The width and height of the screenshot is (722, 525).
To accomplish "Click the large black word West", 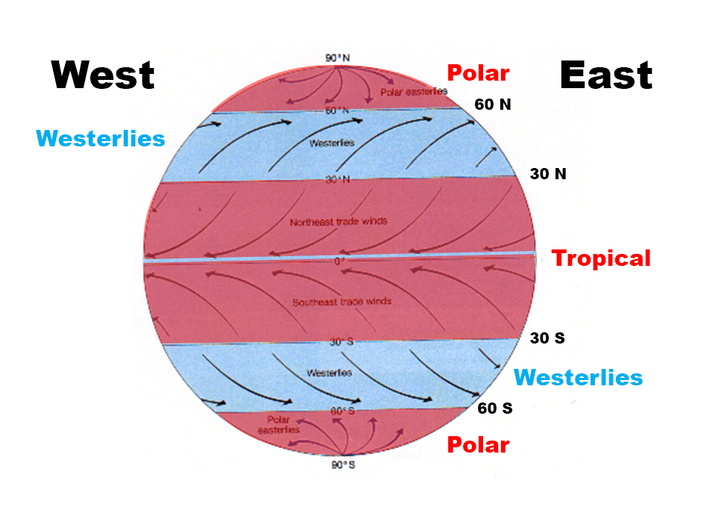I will (102, 75).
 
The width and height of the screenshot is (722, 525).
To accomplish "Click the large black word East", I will (606, 75).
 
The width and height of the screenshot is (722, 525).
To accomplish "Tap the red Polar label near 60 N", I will (478, 73).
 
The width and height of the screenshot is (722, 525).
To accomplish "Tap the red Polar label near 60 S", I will (478, 445).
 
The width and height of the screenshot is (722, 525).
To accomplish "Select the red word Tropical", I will (601, 258).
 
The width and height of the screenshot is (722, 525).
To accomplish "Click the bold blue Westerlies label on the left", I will (101, 138).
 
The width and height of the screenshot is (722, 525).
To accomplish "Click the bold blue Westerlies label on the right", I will (578, 377).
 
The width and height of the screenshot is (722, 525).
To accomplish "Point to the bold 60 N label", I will (493, 105).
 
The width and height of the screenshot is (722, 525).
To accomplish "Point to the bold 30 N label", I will (548, 174).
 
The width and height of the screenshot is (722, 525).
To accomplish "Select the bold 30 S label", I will (547, 338).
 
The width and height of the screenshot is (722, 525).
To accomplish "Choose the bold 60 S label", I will (494, 408).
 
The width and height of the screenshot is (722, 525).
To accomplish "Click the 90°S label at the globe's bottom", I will (343, 465).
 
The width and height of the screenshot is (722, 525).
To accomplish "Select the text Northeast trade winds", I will (339, 222).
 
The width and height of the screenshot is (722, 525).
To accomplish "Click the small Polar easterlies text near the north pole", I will (413, 92).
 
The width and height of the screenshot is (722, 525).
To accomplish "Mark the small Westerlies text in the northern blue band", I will (332, 142).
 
